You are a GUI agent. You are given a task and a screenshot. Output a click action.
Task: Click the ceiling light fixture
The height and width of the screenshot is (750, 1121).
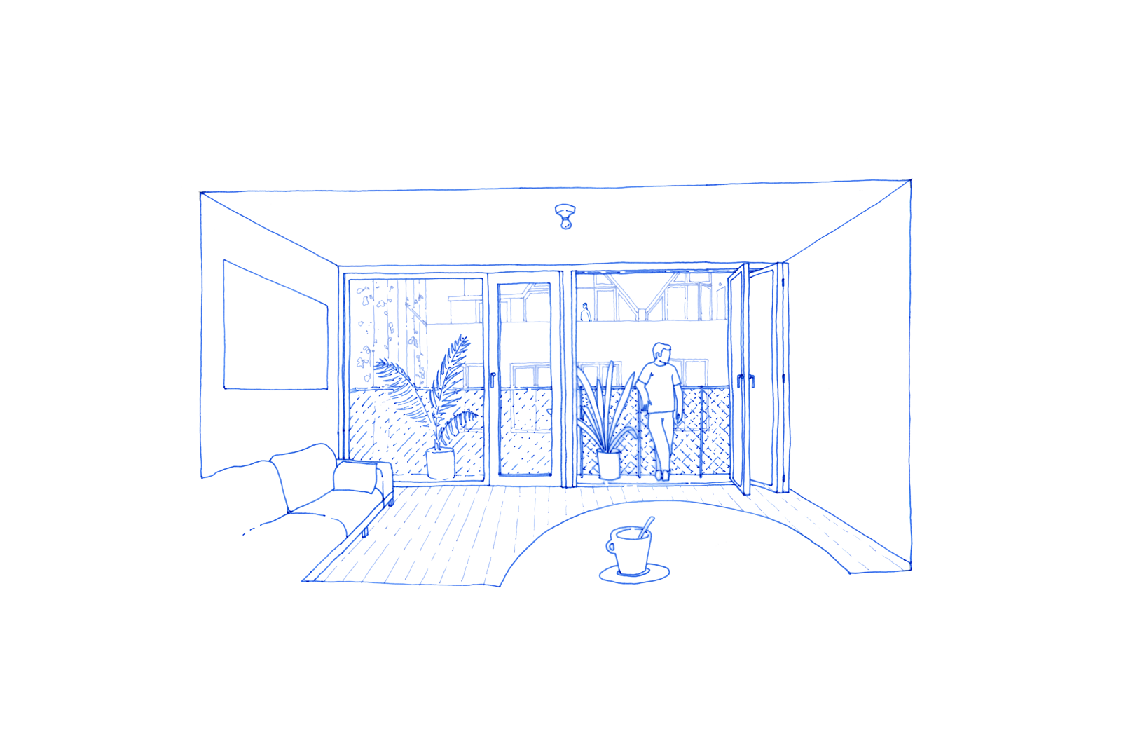click(x=565, y=217)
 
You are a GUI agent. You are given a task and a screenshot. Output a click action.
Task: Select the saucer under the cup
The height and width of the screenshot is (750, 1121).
click(x=635, y=574)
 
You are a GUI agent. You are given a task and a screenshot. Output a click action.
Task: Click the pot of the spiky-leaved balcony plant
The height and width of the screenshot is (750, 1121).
click(x=609, y=465)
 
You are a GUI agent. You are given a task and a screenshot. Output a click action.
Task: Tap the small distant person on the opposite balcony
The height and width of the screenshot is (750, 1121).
click(x=585, y=313)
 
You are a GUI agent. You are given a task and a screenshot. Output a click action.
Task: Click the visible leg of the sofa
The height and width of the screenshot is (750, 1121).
click(x=365, y=531)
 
